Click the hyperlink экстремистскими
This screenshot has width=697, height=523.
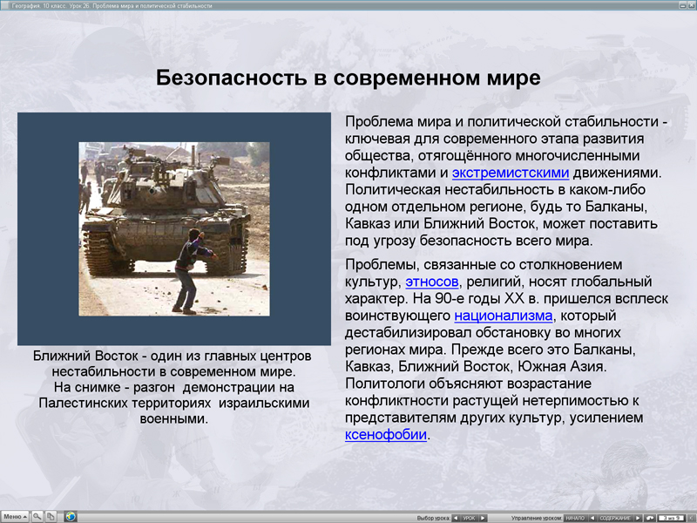tap(511, 173)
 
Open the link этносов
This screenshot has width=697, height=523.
tap(432, 282)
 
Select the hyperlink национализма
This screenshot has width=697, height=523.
tap(503, 316)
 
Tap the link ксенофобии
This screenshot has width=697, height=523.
tap(386, 434)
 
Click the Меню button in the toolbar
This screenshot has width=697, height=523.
tap(14, 517)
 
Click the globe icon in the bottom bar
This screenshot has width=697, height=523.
tap(71, 517)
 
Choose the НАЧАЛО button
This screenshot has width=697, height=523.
tap(576, 518)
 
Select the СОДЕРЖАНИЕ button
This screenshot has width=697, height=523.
tap(615, 518)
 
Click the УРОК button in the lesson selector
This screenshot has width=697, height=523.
tap(469, 518)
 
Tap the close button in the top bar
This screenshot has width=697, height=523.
tap(691, 5)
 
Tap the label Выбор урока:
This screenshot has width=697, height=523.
tap(433, 518)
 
